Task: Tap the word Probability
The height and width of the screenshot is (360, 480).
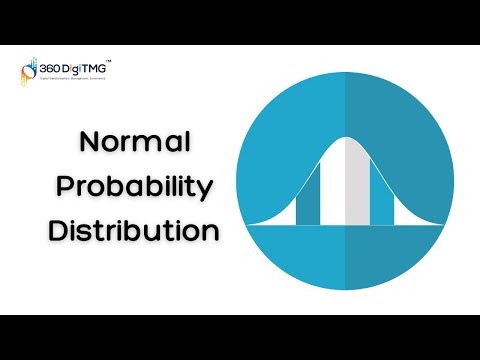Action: coord(135,187)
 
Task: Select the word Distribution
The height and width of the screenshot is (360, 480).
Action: coord(134,230)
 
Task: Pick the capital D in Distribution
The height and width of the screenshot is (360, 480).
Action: coord(59,230)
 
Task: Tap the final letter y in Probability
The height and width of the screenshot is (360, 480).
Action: coord(207,191)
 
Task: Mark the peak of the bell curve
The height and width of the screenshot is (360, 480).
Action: coord(345,138)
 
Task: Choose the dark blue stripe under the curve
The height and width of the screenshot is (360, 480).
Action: coord(309,196)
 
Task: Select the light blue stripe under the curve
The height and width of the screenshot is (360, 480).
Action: coord(382,196)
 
